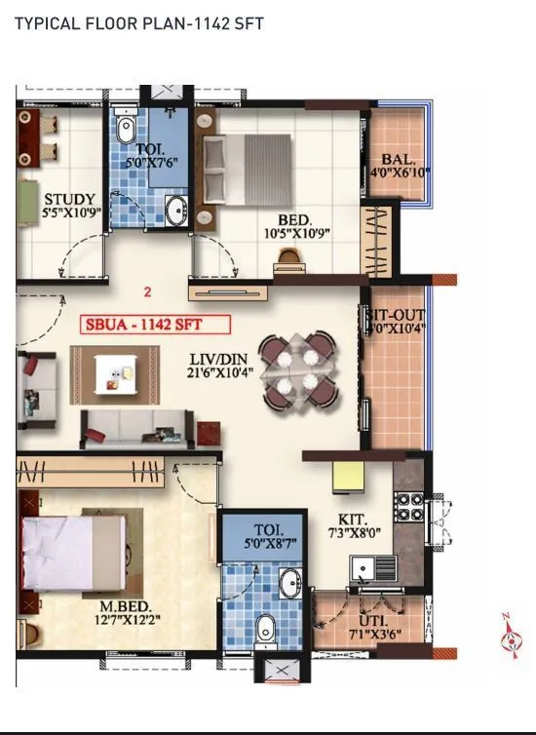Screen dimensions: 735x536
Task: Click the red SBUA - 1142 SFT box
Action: point(156,325)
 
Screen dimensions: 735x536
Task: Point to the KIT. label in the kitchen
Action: point(351,520)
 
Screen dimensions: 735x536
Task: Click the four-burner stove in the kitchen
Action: point(408,506)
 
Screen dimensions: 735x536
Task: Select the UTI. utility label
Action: point(373,621)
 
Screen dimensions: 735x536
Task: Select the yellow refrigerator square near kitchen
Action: point(347,477)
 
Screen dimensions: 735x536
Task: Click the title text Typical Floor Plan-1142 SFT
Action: point(138,23)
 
